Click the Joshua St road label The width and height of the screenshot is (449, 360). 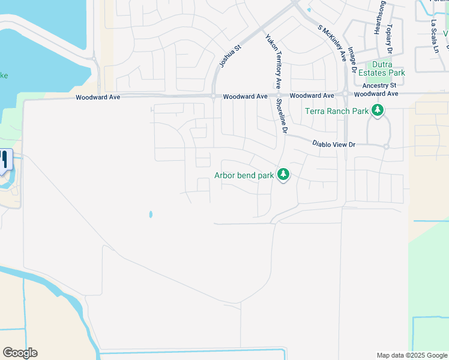(x=230, y=55)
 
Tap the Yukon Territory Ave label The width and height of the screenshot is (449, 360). (x=273, y=61)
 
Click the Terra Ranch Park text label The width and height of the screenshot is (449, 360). (x=336, y=111)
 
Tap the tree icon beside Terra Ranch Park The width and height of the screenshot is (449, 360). (x=378, y=110)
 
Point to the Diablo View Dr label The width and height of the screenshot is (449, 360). (x=334, y=144)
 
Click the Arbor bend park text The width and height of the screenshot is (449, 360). (x=244, y=176)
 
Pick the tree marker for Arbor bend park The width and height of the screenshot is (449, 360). (x=283, y=175)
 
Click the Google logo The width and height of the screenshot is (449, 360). (x=20, y=353)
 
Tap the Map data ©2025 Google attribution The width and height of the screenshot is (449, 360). (x=411, y=355)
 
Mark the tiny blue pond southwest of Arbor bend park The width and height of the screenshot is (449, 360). (x=150, y=214)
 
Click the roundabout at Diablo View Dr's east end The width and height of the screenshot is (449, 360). (x=387, y=146)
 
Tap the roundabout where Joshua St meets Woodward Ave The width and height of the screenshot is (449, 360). (x=213, y=96)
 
